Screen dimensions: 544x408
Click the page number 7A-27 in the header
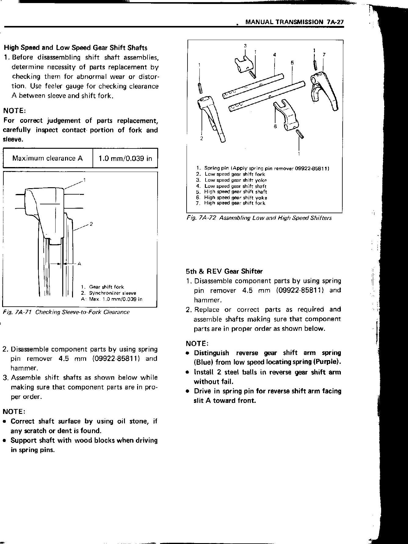pos(335,22)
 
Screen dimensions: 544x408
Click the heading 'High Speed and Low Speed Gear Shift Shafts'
pos(75,48)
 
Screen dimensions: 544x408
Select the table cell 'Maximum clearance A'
pos(48,158)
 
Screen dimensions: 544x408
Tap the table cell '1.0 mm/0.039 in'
pos(125,158)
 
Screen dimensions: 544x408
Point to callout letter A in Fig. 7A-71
pos(79,264)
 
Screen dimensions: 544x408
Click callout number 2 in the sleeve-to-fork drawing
pos(91,224)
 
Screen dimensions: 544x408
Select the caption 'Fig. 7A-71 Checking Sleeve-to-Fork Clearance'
pos(66,312)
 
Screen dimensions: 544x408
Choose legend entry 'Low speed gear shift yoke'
pos(235,180)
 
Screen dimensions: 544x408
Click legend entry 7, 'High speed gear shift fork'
pos(235,203)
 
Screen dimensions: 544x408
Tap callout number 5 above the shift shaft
pos(292,63)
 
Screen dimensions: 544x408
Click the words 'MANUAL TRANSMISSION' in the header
pos(284,22)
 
